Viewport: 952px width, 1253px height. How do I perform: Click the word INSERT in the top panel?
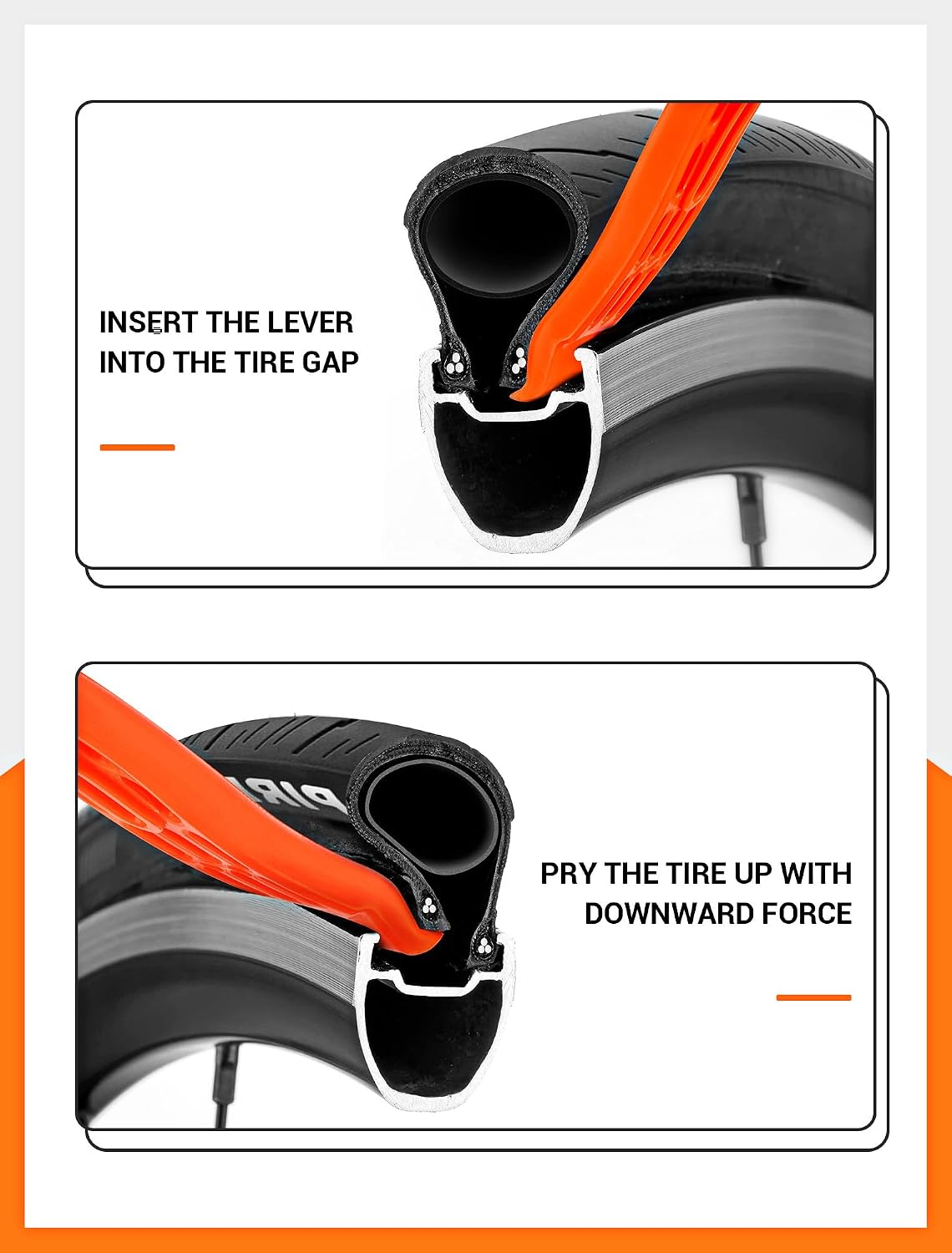click(x=149, y=322)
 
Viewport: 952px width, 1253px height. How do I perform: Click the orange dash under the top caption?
click(x=138, y=448)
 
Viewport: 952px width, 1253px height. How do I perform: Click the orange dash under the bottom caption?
click(x=814, y=998)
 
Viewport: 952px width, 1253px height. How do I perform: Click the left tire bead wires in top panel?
click(x=456, y=362)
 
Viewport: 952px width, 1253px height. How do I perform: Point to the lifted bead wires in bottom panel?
click(x=428, y=906)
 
